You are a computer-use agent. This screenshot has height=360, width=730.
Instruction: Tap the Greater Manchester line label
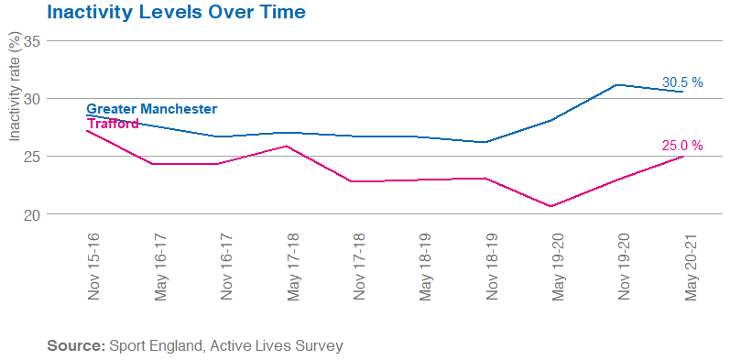151,108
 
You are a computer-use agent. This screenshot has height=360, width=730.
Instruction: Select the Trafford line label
113,123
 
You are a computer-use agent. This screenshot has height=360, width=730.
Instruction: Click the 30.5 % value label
682,82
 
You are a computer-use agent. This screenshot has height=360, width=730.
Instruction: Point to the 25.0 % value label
682,146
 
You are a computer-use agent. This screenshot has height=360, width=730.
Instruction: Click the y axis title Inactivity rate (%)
14,87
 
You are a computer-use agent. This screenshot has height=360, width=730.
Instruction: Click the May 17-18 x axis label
294,266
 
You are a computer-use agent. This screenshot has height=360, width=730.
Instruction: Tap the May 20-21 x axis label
692,266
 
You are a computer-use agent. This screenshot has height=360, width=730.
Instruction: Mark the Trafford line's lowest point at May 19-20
551,206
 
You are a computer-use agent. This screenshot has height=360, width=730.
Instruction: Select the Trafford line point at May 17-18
287,147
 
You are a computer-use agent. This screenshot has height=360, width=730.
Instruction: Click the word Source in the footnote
75,346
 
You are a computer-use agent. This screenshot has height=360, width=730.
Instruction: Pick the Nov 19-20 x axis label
626,266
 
